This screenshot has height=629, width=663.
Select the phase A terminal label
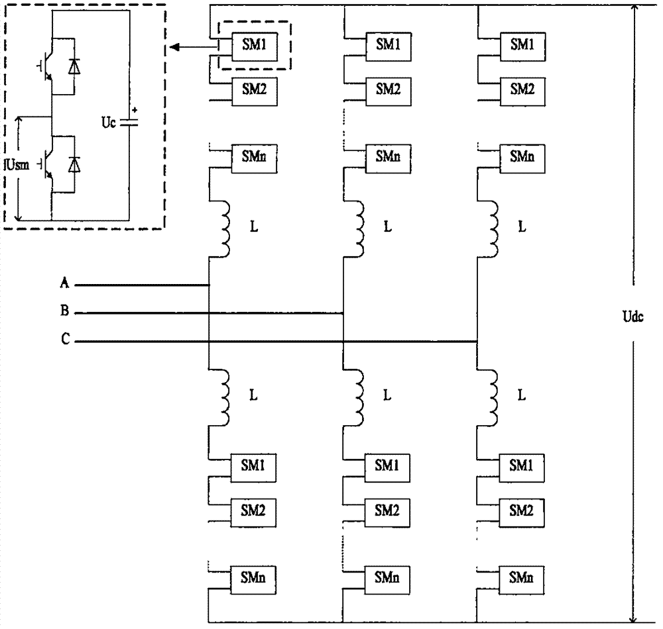pos(64,284)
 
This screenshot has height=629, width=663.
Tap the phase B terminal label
pos(64,311)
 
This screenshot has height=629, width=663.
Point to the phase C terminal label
pos(64,340)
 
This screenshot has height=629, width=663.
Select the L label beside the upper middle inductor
pos(388,227)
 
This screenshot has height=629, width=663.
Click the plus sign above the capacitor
pos(135,110)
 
